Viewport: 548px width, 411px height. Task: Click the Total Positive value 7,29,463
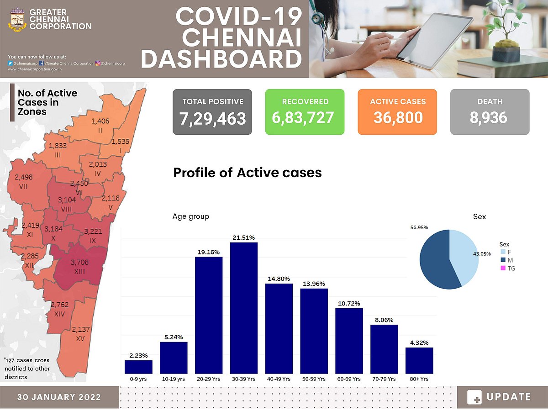click(x=212, y=118)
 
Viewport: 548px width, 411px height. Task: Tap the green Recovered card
click(x=305, y=112)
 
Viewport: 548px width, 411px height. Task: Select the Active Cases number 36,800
click(x=397, y=118)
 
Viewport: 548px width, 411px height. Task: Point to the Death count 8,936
click(x=490, y=118)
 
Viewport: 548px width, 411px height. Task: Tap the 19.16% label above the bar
click(x=209, y=252)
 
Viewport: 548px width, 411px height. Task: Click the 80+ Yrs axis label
click(x=419, y=379)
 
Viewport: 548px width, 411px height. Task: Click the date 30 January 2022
click(x=59, y=397)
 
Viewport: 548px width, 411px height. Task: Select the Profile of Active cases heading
click(x=248, y=173)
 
